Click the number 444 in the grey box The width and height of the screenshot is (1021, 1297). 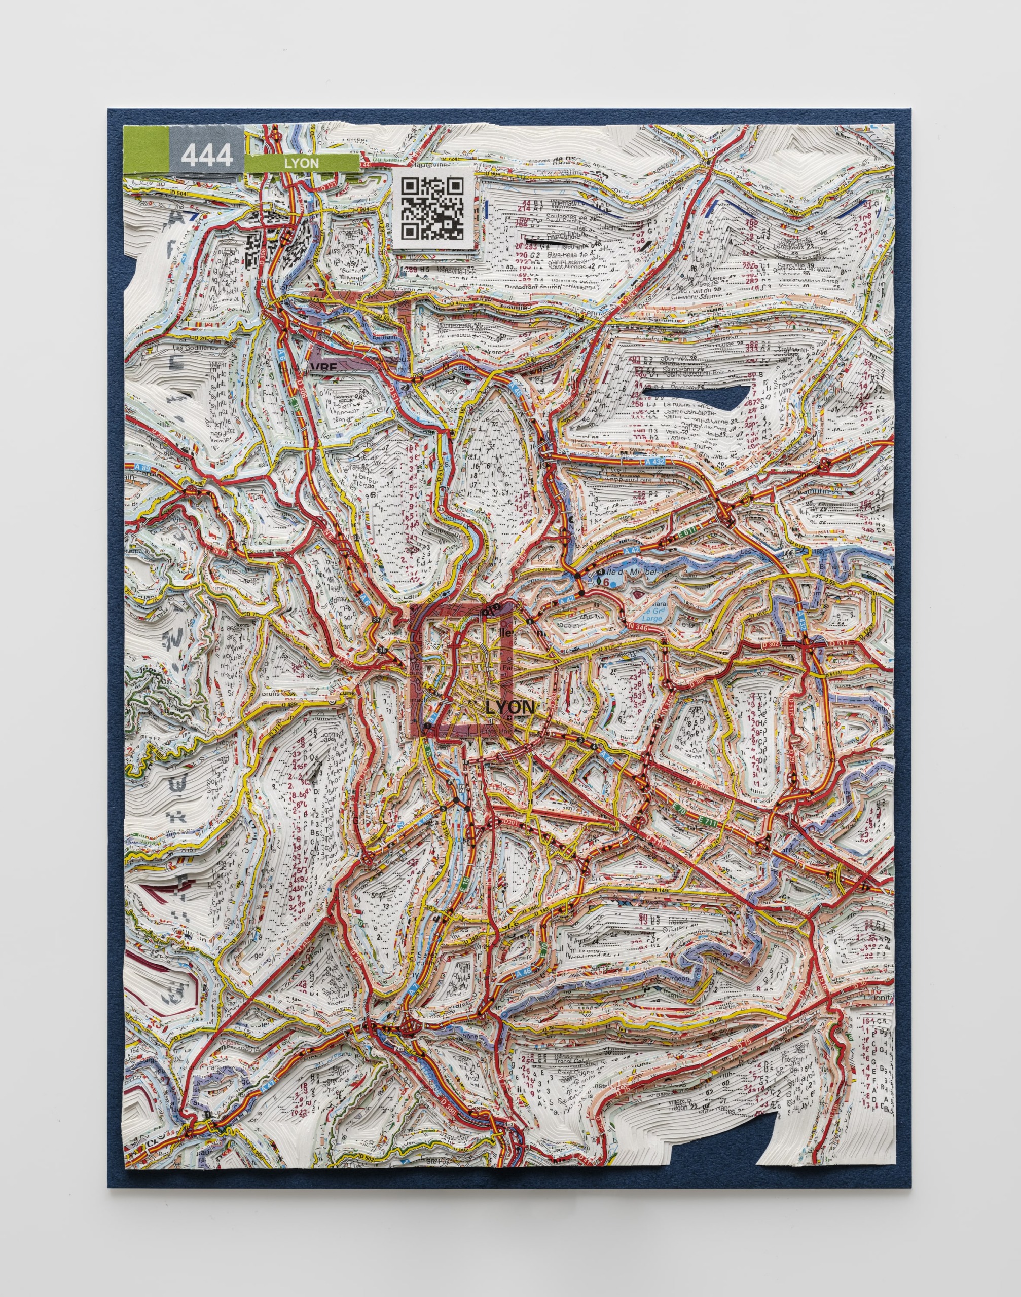coord(206,156)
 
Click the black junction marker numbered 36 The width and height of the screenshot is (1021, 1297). coord(382,649)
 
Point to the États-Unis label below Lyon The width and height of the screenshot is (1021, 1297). coord(496,729)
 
